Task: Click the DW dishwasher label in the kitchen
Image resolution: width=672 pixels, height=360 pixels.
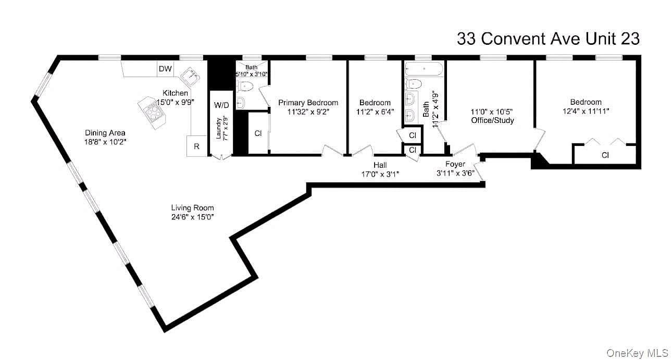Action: (165, 69)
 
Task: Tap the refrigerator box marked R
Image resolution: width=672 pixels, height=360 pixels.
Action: (197, 146)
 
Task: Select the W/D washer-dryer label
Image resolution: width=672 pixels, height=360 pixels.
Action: (221, 105)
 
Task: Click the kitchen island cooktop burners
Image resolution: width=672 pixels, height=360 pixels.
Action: (153, 113)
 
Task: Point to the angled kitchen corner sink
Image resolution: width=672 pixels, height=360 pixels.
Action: (191, 76)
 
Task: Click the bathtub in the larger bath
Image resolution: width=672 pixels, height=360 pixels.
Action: (424, 69)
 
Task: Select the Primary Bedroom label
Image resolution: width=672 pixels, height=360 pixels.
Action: (308, 103)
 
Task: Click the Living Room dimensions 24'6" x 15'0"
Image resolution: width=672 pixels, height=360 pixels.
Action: (192, 217)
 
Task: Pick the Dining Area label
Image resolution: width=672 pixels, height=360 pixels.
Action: (105, 133)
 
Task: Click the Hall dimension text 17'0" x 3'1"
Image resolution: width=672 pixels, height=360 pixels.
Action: (380, 174)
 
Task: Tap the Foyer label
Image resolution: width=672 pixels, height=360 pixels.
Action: (455, 164)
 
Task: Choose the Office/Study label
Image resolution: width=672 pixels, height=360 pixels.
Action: (492, 120)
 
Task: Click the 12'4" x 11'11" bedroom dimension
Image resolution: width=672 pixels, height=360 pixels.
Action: (586, 111)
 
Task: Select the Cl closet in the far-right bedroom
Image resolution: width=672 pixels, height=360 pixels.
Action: (605, 155)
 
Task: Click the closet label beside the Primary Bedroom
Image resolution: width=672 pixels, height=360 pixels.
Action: (258, 133)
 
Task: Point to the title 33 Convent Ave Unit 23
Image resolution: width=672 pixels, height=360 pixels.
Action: (549, 39)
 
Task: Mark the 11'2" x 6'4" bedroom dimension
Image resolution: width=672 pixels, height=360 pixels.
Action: (375, 112)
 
